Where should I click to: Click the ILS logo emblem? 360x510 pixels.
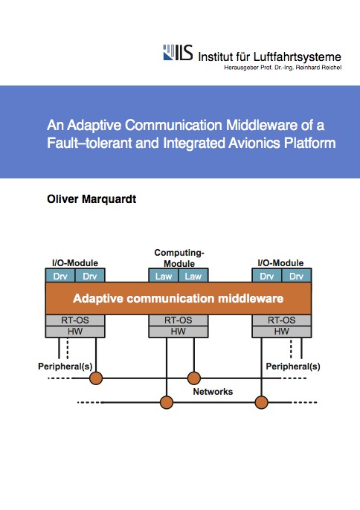click(x=178, y=52)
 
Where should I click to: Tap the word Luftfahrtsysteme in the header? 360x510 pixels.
click(x=298, y=57)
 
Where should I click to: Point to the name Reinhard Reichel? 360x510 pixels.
click(x=318, y=68)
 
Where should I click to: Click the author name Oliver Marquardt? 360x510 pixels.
click(x=91, y=199)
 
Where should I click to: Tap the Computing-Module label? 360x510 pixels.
click(x=179, y=258)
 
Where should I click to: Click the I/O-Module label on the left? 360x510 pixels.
click(x=75, y=263)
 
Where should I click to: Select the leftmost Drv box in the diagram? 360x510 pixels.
click(x=60, y=276)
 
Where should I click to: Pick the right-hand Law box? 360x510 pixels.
click(x=193, y=276)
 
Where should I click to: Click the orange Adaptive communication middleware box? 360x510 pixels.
click(x=179, y=298)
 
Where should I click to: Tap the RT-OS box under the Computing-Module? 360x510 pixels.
click(x=179, y=320)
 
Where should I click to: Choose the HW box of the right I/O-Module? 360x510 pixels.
click(x=282, y=332)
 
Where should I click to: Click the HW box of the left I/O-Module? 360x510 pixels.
click(x=75, y=332)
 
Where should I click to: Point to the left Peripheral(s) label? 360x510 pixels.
click(x=65, y=367)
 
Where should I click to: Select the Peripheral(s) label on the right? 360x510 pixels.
click(x=293, y=367)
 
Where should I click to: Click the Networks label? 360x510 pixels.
click(x=213, y=391)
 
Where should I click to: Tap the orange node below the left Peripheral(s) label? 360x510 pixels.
click(x=96, y=378)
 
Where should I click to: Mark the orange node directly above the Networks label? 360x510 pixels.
click(x=194, y=378)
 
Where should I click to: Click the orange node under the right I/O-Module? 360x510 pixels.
click(x=261, y=402)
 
